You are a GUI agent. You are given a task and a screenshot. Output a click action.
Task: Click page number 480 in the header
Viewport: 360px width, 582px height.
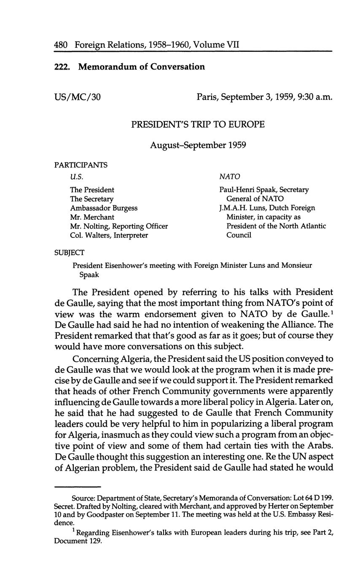tap(61, 44)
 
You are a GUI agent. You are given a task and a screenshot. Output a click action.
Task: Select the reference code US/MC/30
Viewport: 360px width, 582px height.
tap(78, 97)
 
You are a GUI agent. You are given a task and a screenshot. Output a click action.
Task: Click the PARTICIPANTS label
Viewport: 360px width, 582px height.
tap(81, 165)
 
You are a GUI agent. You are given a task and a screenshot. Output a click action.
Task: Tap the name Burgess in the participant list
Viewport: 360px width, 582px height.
tap(124, 208)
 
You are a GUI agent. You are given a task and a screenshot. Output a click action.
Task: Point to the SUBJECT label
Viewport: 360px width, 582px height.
tap(69, 253)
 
